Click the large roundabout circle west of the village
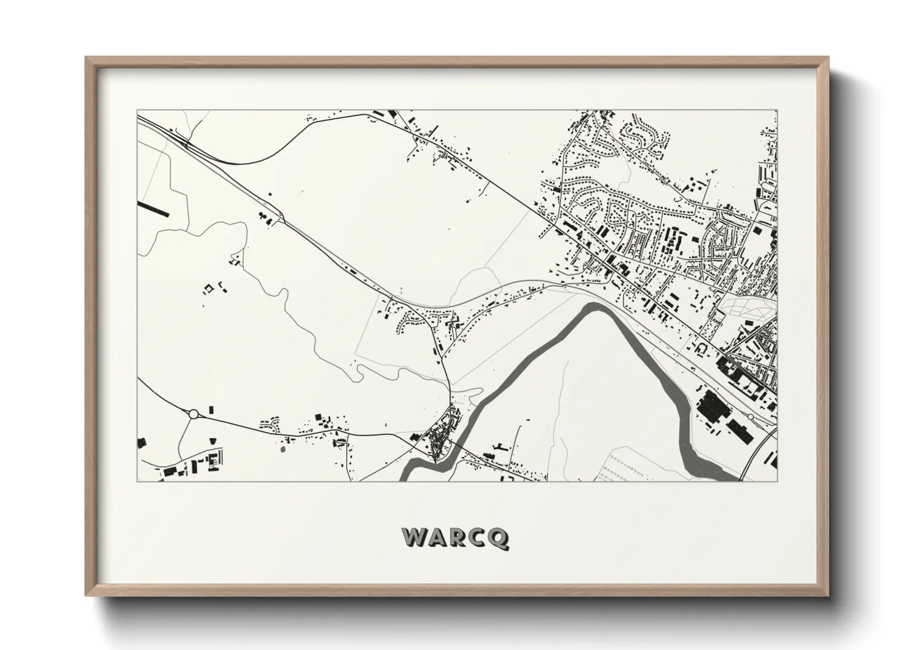click(194, 414)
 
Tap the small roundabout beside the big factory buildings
click(750, 417)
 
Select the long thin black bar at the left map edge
click(153, 209)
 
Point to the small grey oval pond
click(283, 449)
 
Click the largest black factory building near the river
click(711, 406)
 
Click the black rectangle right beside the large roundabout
click(213, 410)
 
